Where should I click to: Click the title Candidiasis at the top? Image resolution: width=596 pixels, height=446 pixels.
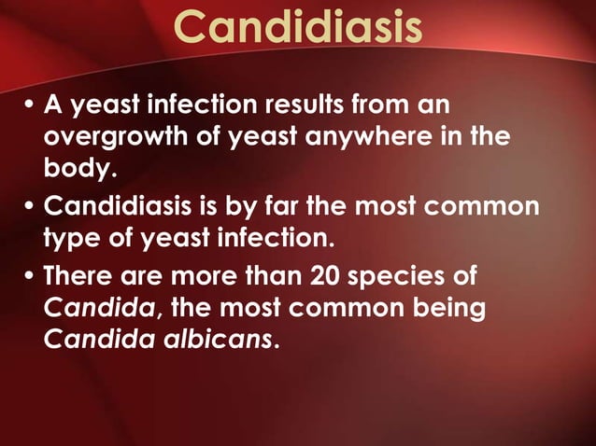(298, 28)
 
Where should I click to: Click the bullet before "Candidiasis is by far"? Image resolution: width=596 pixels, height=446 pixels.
(29, 204)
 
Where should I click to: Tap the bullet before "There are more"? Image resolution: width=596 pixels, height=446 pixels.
(29, 275)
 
